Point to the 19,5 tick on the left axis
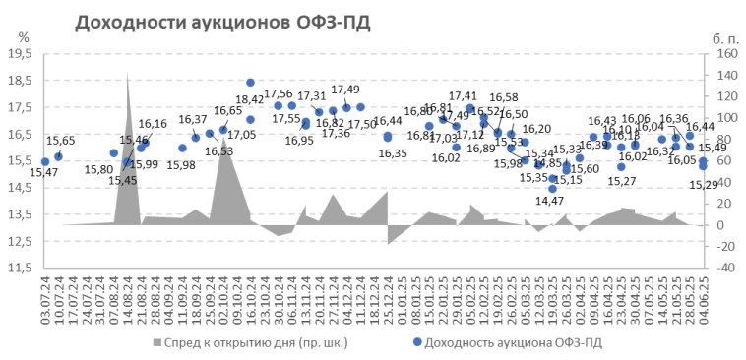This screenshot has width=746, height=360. (x=20, y=54)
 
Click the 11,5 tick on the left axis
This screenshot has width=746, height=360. (x=20, y=267)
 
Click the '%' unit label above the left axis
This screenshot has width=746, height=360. (x=23, y=36)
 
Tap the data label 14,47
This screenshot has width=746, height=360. (x=549, y=201)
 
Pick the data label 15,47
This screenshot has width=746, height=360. (x=43, y=173)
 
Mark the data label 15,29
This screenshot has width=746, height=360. (x=703, y=184)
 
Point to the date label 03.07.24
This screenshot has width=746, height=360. (x=44, y=296)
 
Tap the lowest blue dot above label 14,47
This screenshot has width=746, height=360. (x=553, y=189)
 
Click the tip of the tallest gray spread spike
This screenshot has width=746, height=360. (x=128, y=74)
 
